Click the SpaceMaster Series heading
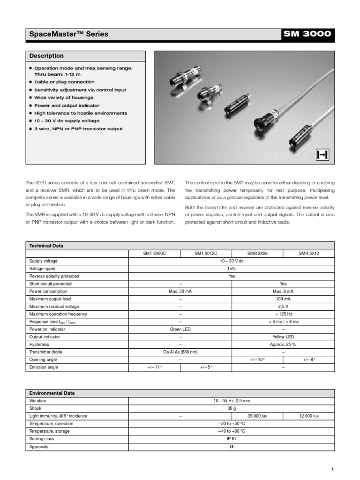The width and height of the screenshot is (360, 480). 68,34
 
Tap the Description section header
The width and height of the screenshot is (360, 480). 46,56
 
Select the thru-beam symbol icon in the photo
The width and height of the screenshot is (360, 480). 322,154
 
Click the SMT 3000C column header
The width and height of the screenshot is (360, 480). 154,253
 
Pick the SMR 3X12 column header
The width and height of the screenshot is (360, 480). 309,253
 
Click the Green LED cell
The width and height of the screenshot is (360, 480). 180,330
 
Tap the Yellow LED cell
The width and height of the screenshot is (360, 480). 283,337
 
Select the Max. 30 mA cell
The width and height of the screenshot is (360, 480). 180,291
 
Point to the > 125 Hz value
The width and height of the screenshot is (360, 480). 283,314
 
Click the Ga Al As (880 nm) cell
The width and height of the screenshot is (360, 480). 180,352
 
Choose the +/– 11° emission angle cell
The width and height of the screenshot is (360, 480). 154,367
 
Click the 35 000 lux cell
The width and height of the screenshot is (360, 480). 257,416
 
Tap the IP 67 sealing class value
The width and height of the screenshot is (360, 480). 232,439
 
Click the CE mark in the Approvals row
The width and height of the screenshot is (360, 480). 232,447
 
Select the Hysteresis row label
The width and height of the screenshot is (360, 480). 39,345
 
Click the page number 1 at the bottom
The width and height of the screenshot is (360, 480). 332,469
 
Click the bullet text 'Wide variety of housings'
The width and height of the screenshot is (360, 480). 64,97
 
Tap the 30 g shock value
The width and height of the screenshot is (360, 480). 232,408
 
